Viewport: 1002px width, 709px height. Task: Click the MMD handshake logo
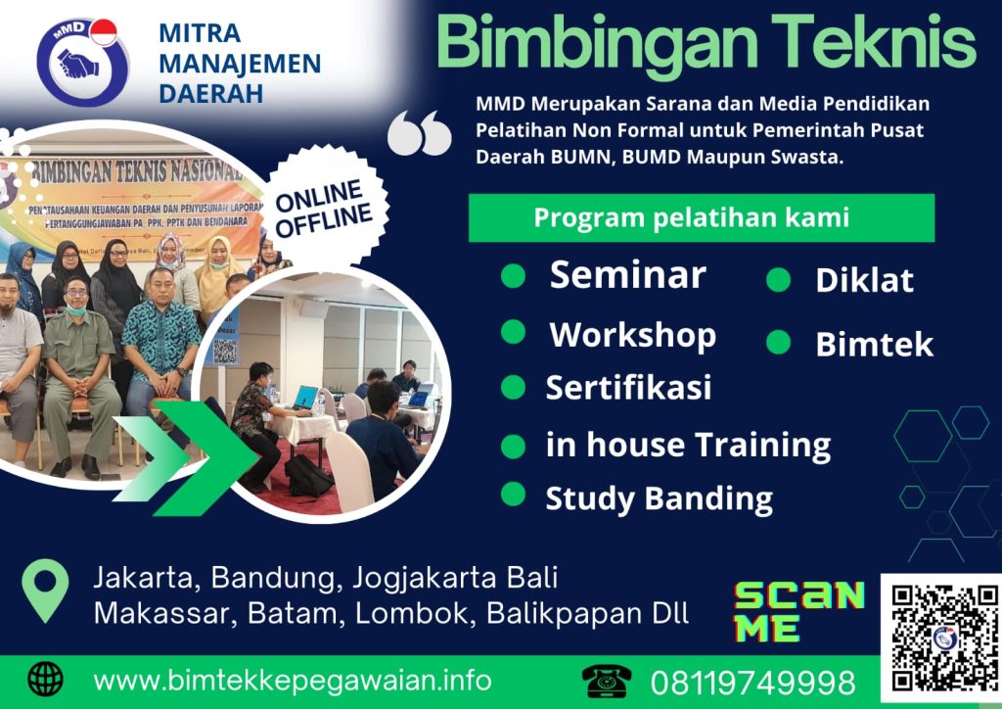click(82, 62)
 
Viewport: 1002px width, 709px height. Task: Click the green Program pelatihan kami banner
click(701, 217)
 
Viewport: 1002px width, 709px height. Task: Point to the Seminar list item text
click(627, 275)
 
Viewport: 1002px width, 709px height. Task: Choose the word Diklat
click(864, 280)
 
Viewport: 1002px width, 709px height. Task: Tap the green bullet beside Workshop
click(514, 332)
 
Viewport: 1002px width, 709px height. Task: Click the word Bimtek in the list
click(874, 344)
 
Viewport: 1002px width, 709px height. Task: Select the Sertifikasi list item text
click(628, 387)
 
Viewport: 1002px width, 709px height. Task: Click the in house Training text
click(688, 445)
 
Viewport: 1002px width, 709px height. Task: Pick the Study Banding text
click(659, 497)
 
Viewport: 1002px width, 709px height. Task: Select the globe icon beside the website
click(46, 679)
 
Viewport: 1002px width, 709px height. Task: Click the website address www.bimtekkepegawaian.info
click(293, 680)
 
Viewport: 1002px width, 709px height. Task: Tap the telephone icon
click(607, 680)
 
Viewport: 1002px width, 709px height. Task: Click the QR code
click(940, 637)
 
